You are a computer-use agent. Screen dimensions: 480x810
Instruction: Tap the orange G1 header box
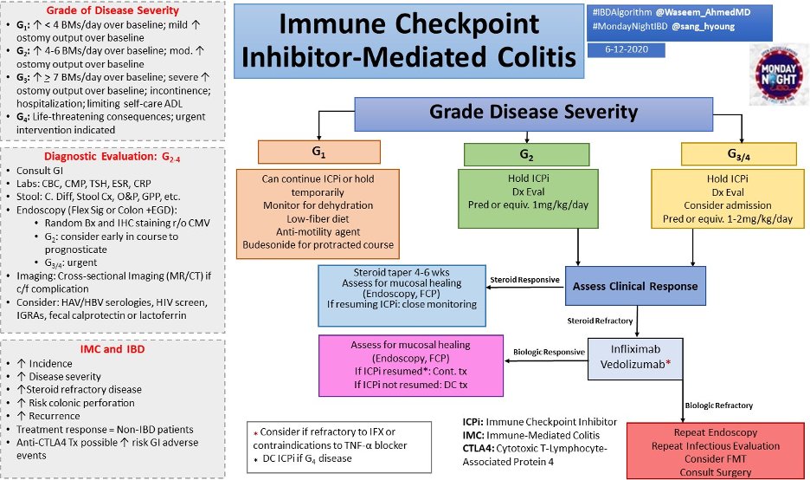[x=318, y=152]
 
